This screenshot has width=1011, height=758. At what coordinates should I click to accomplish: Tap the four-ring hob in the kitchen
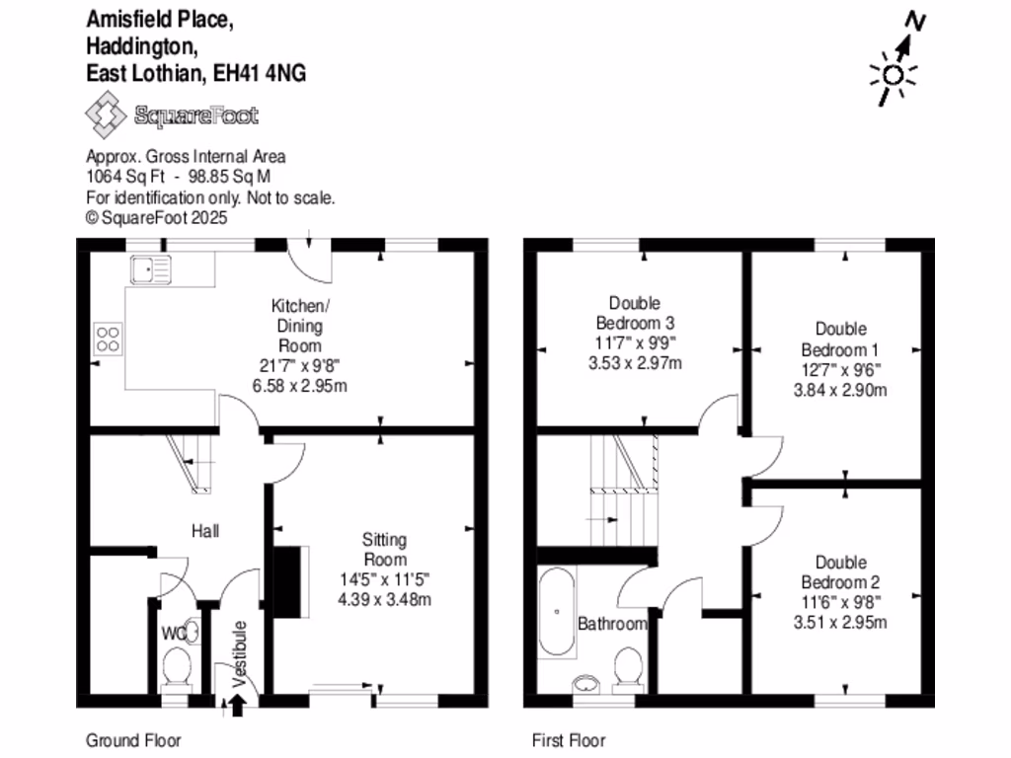pos(108,340)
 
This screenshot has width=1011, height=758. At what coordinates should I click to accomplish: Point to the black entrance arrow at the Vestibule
pos(237,704)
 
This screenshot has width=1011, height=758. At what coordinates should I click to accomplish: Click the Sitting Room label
pos(384,549)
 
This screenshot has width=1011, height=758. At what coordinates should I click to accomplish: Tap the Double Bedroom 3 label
pos(634,313)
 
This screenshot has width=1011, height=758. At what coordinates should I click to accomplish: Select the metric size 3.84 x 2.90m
pos(841,390)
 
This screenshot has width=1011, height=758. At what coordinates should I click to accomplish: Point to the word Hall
pos(204,531)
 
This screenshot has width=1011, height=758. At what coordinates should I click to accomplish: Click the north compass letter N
pos(915,22)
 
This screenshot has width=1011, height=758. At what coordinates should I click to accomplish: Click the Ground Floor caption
pos(134,740)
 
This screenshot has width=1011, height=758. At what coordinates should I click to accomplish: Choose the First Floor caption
pos(569,740)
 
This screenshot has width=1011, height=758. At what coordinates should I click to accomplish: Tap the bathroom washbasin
pos(587,683)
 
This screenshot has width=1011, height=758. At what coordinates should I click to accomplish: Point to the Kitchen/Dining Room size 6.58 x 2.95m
pos(299,385)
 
